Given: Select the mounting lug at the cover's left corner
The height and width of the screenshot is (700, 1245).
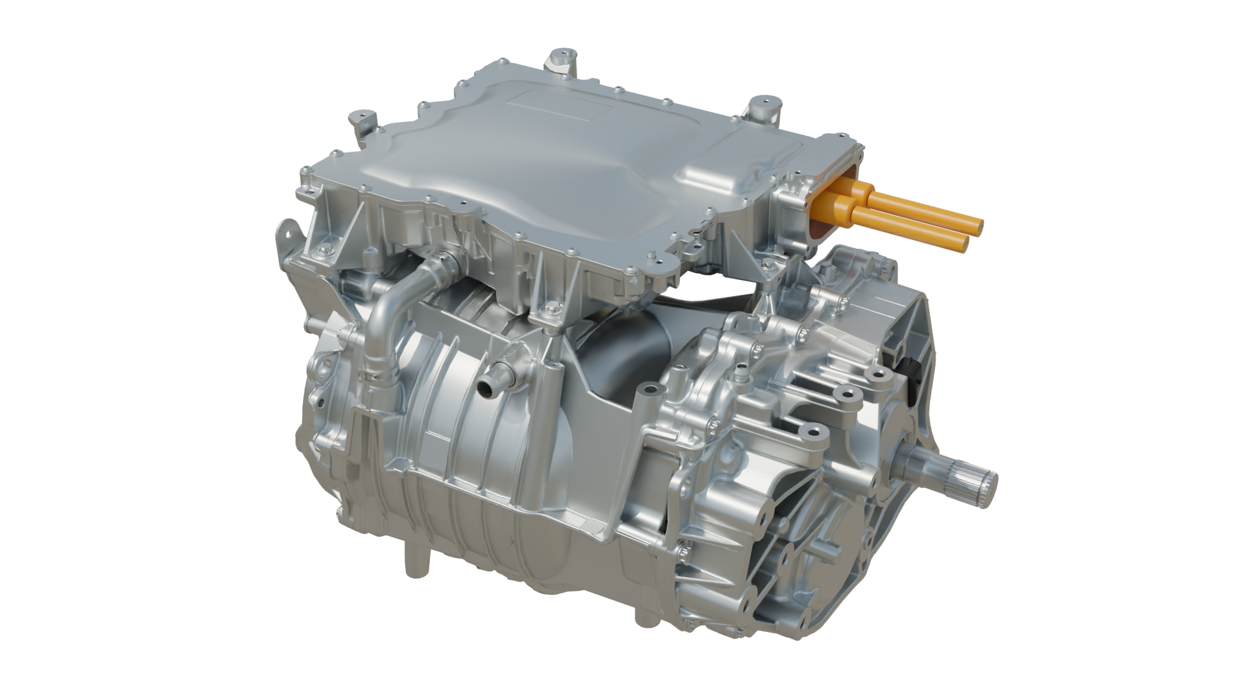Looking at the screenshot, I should [x=361, y=119].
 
